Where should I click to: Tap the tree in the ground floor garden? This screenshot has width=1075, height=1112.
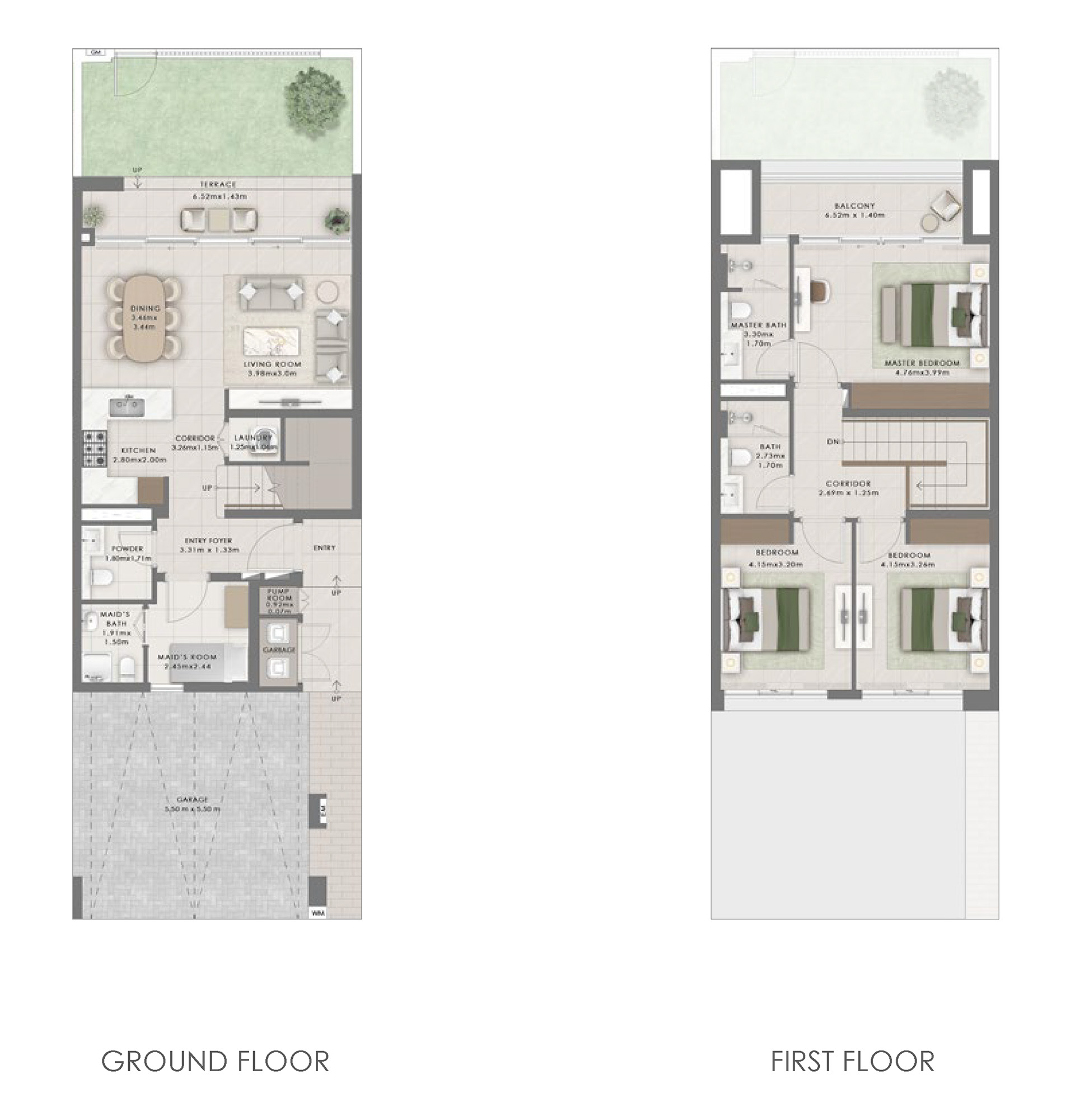pyautogui.click(x=316, y=93)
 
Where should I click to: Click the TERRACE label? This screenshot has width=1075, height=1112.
pyautogui.click(x=217, y=184)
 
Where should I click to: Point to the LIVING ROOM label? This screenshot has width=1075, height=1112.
pyautogui.click(x=273, y=364)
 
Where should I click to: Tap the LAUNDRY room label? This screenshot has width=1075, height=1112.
pyautogui.click(x=253, y=438)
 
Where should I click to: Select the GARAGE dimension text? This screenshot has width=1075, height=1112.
pyautogui.click(x=193, y=809)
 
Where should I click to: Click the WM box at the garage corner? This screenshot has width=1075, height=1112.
pyautogui.click(x=318, y=913)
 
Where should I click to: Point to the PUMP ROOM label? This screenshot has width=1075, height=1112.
pyautogui.click(x=279, y=594)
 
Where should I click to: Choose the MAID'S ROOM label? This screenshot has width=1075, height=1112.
pyautogui.click(x=187, y=657)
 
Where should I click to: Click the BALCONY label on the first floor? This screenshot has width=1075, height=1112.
pyautogui.click(x=854, y=206)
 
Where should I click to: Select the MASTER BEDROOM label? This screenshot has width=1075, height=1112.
pyautogui.click(x=922, y=363)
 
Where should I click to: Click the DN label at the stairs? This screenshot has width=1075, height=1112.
pyautogui.click(x=833, y=442)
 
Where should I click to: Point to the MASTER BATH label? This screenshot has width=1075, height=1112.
pyautogui.click(x=758, y=325)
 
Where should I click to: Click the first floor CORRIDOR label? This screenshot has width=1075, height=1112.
pyautogui.click(x=848, y=484)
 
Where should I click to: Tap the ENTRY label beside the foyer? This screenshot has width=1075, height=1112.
pyautogui.click(x=324, y=548)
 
